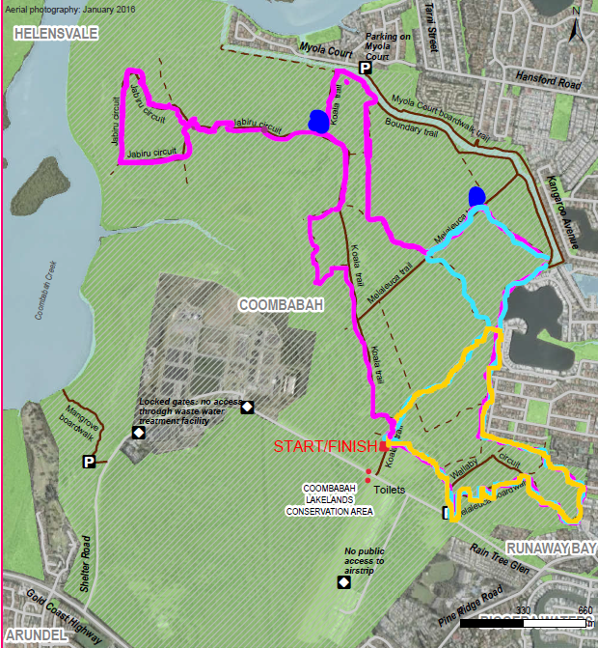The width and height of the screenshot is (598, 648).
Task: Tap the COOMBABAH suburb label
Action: (x=280, y=305)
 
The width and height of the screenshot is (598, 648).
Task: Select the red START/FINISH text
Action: (x=326, y=447)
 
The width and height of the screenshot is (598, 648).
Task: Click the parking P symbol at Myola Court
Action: (x=366, y=68)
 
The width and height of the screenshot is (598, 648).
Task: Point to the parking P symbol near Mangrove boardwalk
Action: (x=89, y=463)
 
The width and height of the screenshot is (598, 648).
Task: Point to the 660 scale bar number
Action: (x=584, y=610)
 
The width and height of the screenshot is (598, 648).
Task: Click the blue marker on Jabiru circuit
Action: (x=317, y=121)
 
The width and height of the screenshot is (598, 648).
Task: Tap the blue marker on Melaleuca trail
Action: (x=476, y=196)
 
